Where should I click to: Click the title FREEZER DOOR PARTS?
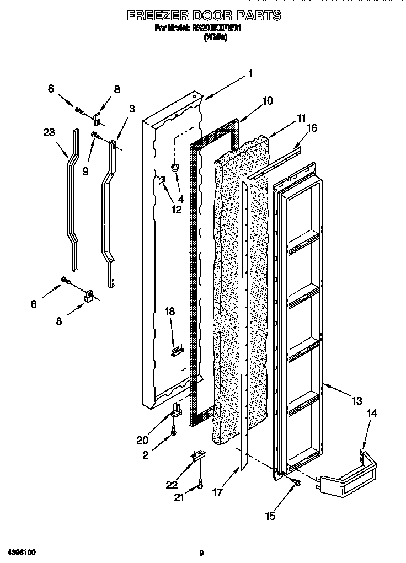tap(204, 15)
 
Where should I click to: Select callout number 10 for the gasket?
tap(267, 101)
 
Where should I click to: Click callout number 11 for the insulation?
tap(301, 118)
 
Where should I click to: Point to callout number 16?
tap(312, 128)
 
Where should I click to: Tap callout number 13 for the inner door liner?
tap(357, 400)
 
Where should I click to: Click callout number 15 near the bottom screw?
tap(270, 516)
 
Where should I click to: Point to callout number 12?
tap(176, 209)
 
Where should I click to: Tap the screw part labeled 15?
tap(297, 483)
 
